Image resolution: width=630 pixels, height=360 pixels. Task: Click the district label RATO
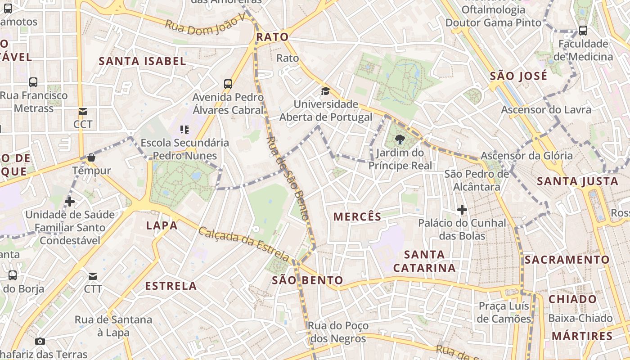click(272, 37)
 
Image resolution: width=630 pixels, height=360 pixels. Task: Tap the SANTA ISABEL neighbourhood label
click(142, 61)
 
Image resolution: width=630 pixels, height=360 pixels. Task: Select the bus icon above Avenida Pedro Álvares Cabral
click(228, 84)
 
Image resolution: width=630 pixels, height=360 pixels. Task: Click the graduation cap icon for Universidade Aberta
click(325, 91)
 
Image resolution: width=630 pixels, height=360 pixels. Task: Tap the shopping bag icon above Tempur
click(91, 157)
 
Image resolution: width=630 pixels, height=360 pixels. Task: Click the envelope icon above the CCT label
click(83, 112)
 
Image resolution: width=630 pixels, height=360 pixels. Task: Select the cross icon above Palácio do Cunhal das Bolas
click(462, 210)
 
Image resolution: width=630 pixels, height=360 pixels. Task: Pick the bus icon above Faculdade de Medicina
click(583, 31)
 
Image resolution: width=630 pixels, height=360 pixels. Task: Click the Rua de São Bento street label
click(288, 179)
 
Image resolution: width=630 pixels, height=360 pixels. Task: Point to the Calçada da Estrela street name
click(244, 244)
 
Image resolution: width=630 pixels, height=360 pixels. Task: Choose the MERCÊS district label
click(357, 216)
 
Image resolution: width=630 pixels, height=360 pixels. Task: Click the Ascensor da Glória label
click(526, 156)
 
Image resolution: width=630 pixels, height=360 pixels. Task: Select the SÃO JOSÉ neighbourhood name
click(518, 76)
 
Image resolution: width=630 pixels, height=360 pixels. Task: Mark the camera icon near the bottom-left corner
click(40, 341)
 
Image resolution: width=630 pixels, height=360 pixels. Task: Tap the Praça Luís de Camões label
click(504, 312)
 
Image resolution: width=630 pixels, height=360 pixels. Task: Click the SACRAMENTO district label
click(567, 260)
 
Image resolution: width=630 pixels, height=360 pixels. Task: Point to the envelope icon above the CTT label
click(93, 276)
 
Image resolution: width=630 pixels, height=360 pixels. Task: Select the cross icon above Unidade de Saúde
click(70, 201)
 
